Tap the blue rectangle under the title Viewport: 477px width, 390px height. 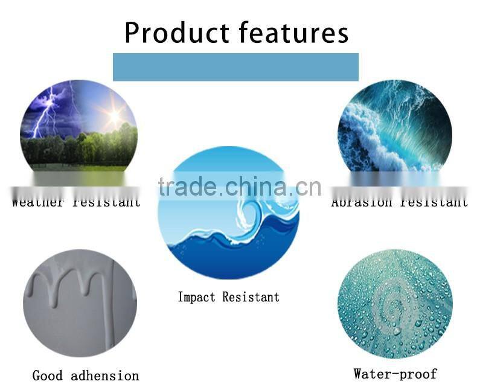(x=235, y=67)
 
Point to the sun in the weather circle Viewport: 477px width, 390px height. (x=113, y=113)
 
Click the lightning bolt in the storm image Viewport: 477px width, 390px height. (x=43, y=115)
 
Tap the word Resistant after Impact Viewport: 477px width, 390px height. (x=251, y=296)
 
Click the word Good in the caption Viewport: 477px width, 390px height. (x=48, y=376)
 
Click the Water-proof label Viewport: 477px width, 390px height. (x=395, y=374)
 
